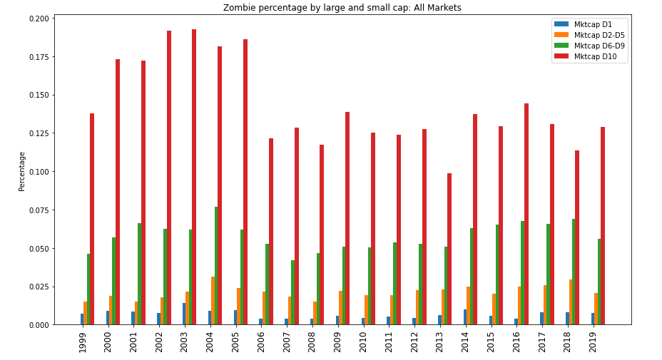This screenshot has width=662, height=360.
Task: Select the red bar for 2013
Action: point(449,249)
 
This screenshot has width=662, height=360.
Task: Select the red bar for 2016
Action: point(526,214)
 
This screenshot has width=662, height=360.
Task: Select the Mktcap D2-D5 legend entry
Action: point(595,35)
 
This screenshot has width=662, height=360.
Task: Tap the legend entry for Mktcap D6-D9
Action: point(595,46)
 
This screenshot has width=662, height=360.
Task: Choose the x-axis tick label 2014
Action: point(466,341)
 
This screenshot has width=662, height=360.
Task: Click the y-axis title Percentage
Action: point(22,171)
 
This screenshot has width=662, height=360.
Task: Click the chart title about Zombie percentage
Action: point(342,8)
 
